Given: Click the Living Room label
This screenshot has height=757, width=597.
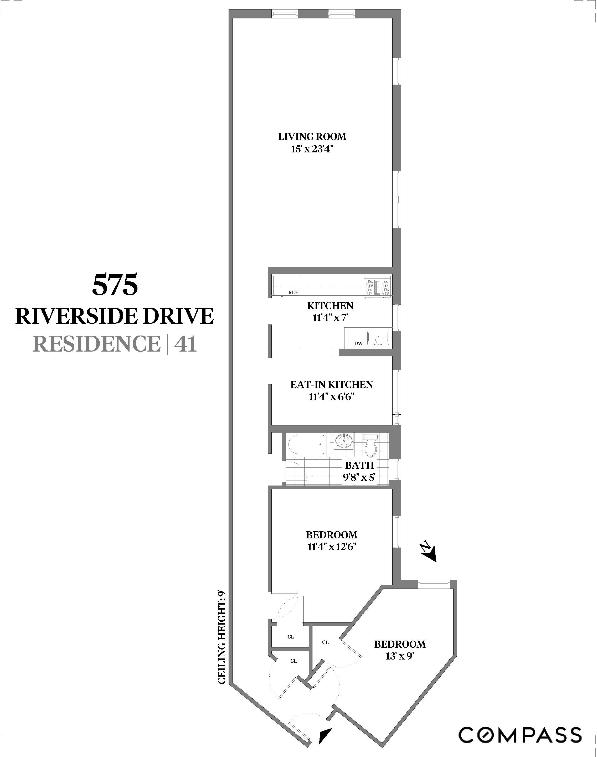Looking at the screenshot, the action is (x=312, y=137).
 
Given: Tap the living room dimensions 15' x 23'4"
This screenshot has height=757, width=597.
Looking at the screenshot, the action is (x=312, y=150).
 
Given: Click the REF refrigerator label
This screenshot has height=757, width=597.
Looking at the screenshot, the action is (x=293, y=292).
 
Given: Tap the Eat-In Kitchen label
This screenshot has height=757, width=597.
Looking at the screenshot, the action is (x=331, y=384).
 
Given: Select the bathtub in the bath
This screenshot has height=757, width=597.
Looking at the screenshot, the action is (x=306, y=444).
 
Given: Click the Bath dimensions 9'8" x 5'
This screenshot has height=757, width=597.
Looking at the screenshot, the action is (x=359, y=477).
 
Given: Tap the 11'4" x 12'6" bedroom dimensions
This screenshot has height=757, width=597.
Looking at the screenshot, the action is (x=331, y=546).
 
